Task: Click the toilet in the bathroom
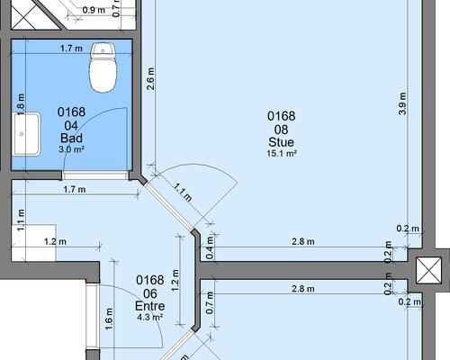[103, 67]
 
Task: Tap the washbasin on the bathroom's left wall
[26, 134]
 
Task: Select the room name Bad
[71, 139]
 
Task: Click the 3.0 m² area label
[71, 149]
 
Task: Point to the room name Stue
[282, 142]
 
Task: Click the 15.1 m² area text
[282, 153]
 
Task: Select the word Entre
[150, 306]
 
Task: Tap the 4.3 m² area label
[150, 317]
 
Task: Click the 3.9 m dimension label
[402, 103]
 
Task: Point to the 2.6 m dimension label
[150, 78]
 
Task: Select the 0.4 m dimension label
[210, 247]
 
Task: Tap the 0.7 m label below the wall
[210, 302]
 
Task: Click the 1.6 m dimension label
[109, 319]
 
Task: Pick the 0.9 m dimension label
[94, 10]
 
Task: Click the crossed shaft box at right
[428, 270]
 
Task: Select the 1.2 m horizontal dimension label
[55, 241]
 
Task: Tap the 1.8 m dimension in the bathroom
[21, 104]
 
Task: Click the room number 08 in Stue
[282, 130]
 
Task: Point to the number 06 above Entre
[150, 293]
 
